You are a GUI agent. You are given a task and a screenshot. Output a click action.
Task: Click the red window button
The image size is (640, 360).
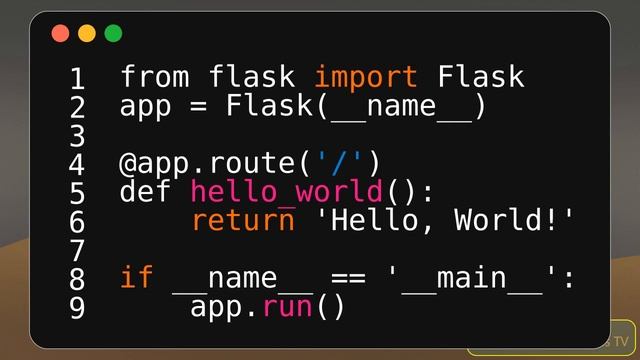click(x=60, y=34)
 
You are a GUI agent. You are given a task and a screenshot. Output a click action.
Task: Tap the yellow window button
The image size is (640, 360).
click(x=87, y=34)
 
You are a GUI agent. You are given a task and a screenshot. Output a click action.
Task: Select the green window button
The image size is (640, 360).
click(x=113, y=34)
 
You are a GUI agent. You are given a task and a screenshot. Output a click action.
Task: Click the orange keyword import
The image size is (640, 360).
click(x=366, y=77)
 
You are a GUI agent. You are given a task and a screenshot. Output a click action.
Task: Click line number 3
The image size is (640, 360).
click(x=77, y=135)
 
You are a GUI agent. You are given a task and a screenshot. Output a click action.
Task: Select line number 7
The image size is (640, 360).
click(x=77, y=250)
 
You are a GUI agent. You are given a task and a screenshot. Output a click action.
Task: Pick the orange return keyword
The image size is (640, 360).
click(x=243, y=220)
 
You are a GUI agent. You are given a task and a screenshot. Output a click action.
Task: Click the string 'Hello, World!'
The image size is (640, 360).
click(x=446, y=220)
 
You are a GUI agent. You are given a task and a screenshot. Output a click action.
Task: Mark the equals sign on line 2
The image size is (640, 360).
click(x=199, y=106)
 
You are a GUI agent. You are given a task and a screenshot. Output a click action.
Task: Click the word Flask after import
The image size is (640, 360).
click(x=481, y=77)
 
